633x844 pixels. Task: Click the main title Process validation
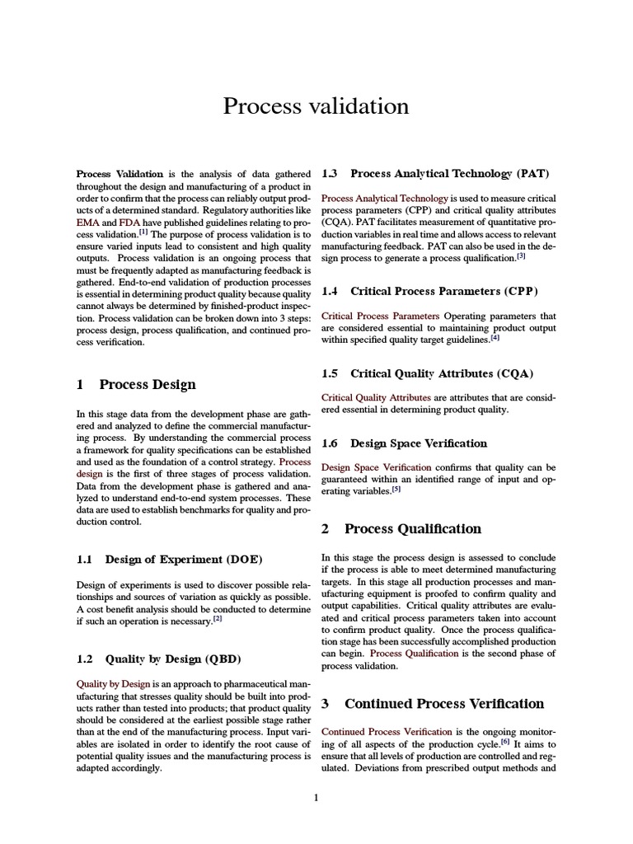click(316, 106)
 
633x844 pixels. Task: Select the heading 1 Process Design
click(136, 384)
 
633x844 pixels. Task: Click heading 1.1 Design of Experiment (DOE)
click(170, 560)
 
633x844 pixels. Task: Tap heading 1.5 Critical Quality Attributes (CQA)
click(427, 373)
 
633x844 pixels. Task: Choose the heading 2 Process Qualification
click(401, 528)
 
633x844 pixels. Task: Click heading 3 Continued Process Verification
click(433, 703)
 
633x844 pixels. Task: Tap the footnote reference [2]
click(218, 619)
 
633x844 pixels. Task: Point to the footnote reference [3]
click(521, 256)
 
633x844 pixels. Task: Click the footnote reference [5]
click(396, 489)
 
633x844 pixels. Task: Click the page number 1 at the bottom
click(316, 797)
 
